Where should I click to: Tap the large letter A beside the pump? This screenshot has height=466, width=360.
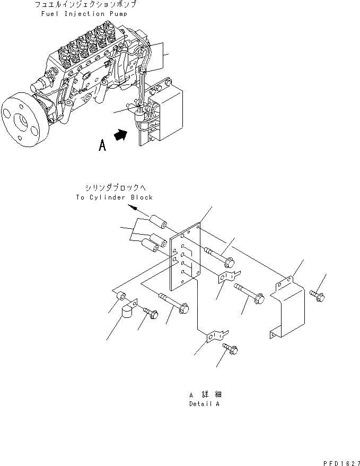point(102,145)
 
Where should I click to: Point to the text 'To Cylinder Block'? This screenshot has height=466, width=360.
point(114,197)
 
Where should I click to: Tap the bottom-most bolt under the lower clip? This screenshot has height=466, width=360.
point(231,349)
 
